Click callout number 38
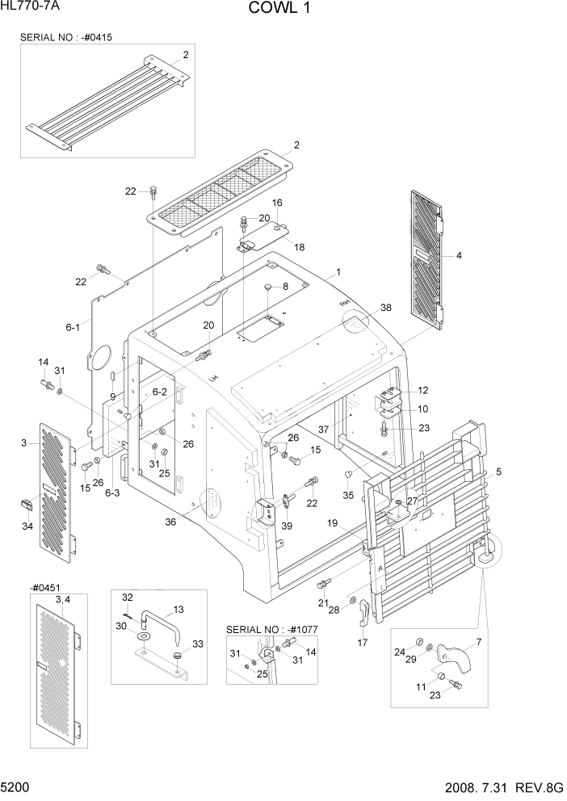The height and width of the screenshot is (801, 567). (x=385, y=308)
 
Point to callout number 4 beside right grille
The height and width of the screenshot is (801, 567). (x=459, y=256)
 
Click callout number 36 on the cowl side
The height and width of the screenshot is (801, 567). (x=171, y=522)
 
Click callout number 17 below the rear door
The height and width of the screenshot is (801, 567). (x=362, y=643)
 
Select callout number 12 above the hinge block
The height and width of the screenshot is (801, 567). (x=422, y=391)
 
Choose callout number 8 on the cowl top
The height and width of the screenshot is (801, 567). (x=284, y=287)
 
